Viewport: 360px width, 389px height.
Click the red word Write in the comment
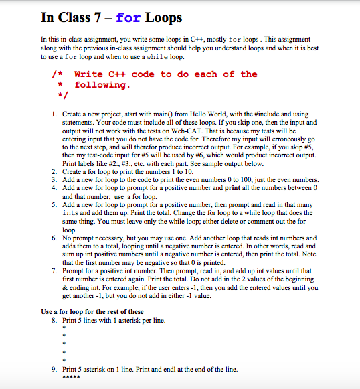[x=88, y=74]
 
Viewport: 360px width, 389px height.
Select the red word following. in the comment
[x=100, y=85]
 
